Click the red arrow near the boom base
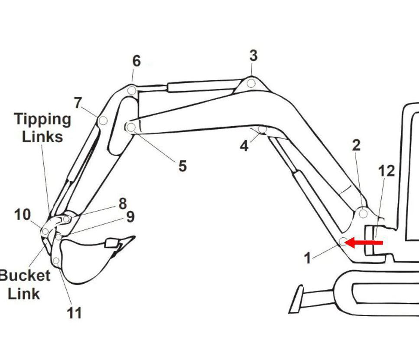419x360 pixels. [x=364, y=242]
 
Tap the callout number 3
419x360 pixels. [x=253, y=56]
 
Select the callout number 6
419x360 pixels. [x=136, y=61]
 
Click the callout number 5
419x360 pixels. [x=182, y=166]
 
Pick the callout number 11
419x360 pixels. [x=74, y=313]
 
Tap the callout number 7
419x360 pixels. [x=78, y=103]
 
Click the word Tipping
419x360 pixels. [x=42, y=120]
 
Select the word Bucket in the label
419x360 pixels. [x=25, y=276]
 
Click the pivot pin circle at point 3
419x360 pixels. [x=251, y=83]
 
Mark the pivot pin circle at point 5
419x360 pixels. [x=131, y=128]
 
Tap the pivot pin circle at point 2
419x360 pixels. [x=363, y=214]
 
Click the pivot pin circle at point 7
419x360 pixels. [x=103, y=121]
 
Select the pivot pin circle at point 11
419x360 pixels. [x=56, y=261]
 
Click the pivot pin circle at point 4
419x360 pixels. [x=263, y=129]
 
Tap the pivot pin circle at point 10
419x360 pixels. [x=45, y=231]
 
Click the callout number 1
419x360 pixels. [x=308, y=258]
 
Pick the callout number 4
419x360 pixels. [x=244, y=146]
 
